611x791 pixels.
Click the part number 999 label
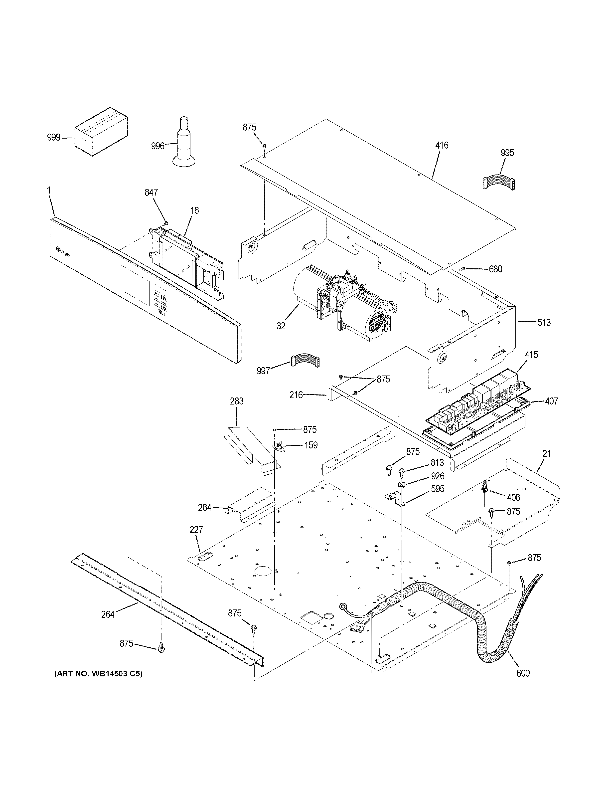coord(54,138)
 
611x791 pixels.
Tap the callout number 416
coord(442,146)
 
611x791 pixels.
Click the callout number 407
coord(551,401)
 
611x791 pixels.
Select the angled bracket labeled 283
coord(252,449)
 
